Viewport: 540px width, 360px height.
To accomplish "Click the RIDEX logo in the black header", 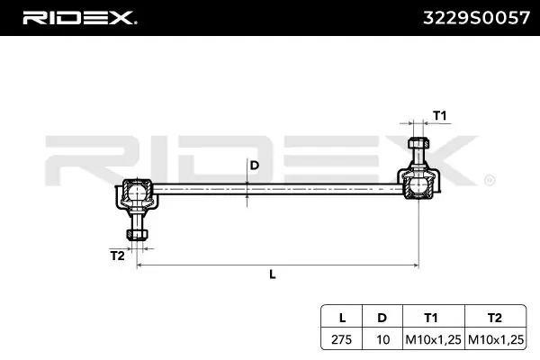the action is pos(79,18).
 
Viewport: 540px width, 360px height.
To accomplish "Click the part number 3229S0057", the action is pos(476,18).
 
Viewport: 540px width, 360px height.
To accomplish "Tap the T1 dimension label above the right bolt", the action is pos(439,115).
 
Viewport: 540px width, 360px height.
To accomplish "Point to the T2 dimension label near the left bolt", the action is pos(117,256).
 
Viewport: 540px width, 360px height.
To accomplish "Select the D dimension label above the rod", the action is pos(254,166).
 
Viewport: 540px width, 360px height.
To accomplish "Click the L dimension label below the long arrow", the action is pos(273,274).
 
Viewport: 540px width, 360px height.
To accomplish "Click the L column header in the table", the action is pos(342,318).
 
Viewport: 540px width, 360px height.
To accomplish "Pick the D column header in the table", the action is pos(382,318).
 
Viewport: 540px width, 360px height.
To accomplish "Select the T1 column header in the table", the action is pos(431,318).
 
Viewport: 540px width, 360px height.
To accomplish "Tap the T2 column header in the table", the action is pos(495,318).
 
